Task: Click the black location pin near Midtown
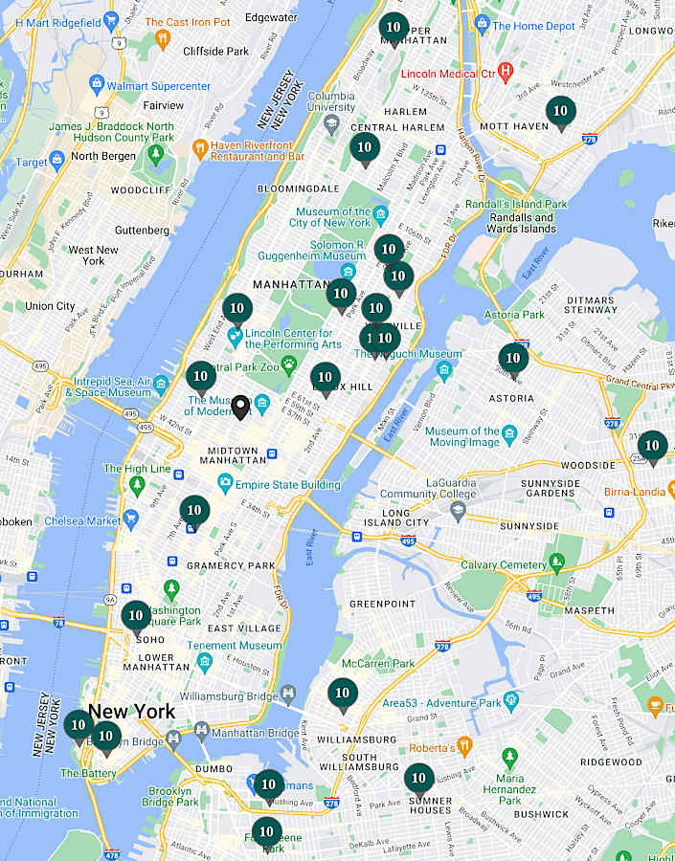(241, 408)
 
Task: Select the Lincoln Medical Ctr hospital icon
(506, 72)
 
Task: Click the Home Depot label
(533, 26)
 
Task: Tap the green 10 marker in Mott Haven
(561, 112)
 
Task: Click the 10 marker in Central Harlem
(364, 148)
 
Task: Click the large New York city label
(132, 711)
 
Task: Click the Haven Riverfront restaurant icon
(199, 148)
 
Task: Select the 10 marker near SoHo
(136, 616)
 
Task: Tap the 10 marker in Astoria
(513, 359)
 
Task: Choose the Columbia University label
(331, 102)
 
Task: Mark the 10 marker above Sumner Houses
(418, 779)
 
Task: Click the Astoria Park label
(514, 314)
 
